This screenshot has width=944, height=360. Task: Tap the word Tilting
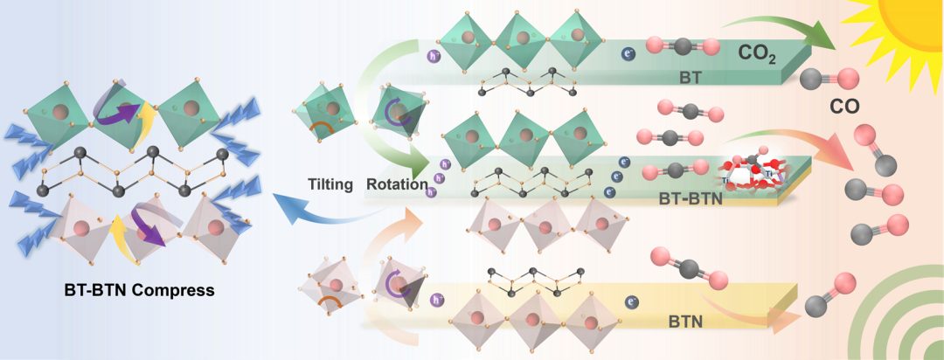pyautogui.click(x=331, y=184)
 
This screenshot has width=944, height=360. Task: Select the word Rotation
pyautogui.click(x=398, y=184)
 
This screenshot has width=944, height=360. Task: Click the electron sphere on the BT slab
pyautogui.click(x=627, y=54)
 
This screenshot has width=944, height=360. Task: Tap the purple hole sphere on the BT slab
pyautogui.click(x=432, y=58)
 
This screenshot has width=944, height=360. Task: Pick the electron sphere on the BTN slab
pyautogui.click(x=631, y=303)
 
